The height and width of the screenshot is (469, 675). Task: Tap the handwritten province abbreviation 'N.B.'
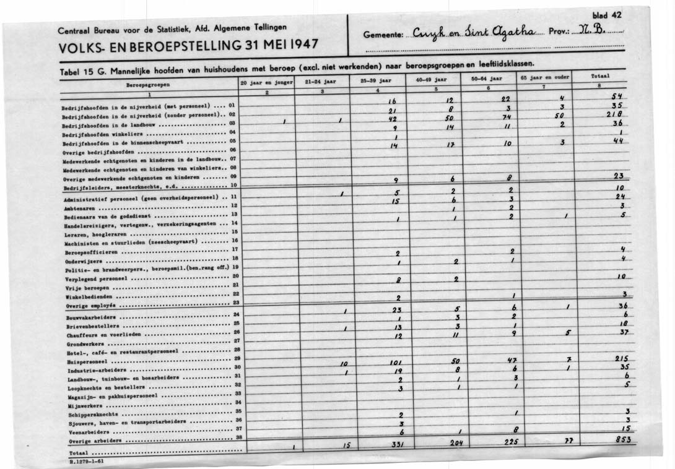[588, 33]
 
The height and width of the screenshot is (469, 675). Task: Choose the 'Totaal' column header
[601, 75]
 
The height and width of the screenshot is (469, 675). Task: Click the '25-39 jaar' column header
[378, 80]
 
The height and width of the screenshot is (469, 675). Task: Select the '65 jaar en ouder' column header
[544, 78]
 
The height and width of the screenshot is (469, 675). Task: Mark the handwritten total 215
[621, 359]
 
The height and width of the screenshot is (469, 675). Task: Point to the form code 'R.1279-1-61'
[87, 462]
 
